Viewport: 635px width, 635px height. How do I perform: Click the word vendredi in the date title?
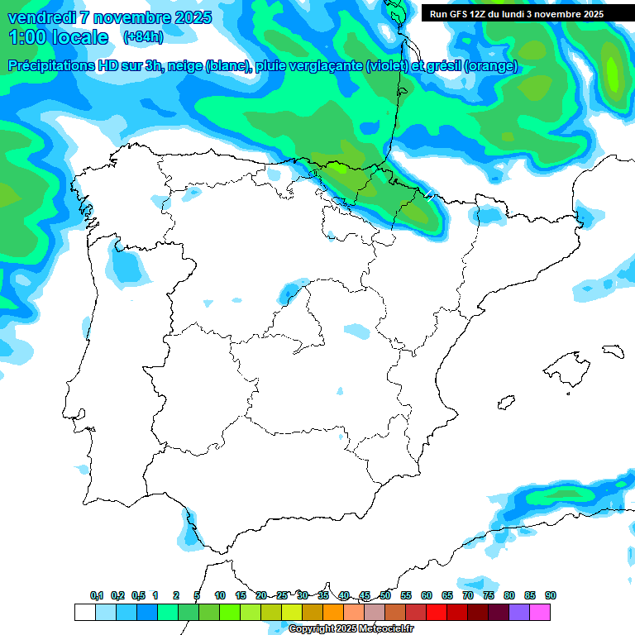click(x=41, y=17)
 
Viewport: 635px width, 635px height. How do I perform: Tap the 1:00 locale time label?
click(x=59, y=37)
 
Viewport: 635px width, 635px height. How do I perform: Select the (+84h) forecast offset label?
click(x=143, y=37)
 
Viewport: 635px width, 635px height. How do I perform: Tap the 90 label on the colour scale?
click(x=550, y=595)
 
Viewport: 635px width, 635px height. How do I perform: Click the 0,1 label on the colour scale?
click(x=97, y=595)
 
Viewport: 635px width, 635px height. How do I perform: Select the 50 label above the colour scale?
click(x=385, y=595)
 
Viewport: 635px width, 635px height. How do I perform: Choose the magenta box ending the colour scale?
click(x=540, y=612)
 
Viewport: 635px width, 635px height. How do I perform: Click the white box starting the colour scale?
click(x=85, y=612)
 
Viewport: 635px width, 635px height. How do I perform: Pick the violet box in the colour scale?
click(x=519, y=612)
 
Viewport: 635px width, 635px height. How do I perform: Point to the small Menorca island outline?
click(x=613, y=351)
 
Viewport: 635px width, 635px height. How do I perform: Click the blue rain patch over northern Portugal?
click(x=126, y=266)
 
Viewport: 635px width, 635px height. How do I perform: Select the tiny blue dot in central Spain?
click(x=339, y=390)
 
